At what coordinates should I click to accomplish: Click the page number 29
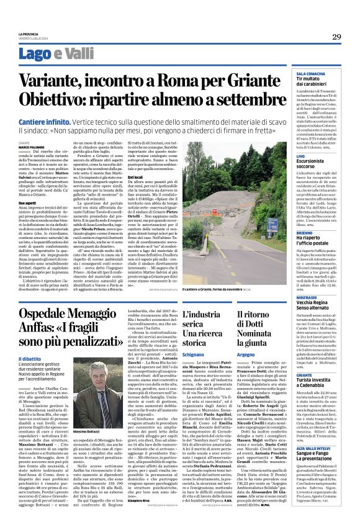[x=336, y=37]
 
